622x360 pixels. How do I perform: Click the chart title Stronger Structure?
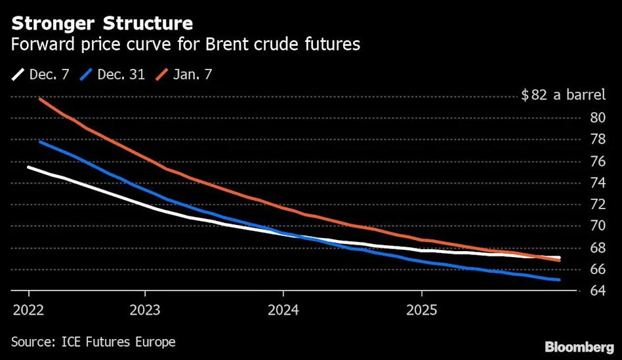coord(102,24)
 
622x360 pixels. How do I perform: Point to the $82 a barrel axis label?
coord(563,96)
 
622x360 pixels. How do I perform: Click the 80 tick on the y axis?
coord(598,117)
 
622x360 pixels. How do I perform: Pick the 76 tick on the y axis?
coord(598,161)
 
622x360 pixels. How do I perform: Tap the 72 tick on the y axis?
coord(598,204)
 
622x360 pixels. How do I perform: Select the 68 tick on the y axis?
coord(598,247)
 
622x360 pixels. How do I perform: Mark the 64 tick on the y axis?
coord(598,290)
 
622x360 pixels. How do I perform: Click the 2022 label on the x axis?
coord(30,309)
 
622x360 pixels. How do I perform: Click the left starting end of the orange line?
coord(40,98)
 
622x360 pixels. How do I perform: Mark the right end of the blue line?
coord(559,280)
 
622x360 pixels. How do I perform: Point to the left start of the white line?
coord(28,167)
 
